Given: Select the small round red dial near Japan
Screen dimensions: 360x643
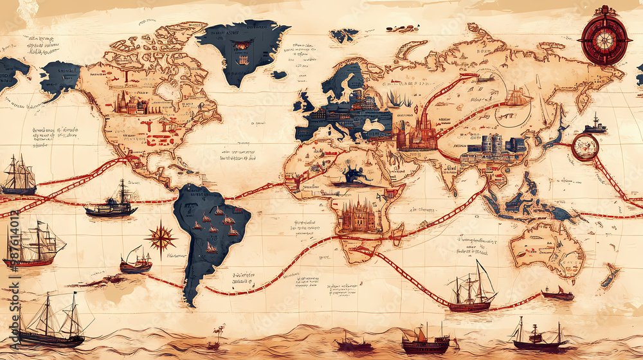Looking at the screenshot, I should coord(585,147).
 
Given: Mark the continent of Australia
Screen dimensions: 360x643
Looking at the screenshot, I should coord(547,248).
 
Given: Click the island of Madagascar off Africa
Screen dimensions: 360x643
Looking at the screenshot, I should coord(398,233).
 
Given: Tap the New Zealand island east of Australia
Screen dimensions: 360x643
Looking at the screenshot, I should coord(609,275).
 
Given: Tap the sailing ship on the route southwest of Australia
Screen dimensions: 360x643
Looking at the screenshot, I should coord(472,290).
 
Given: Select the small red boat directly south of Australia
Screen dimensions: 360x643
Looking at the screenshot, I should coord(557,294).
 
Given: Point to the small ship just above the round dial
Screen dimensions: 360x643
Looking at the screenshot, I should coord(595,125).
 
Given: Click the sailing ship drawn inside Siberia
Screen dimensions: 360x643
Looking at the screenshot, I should coord(517,97).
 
